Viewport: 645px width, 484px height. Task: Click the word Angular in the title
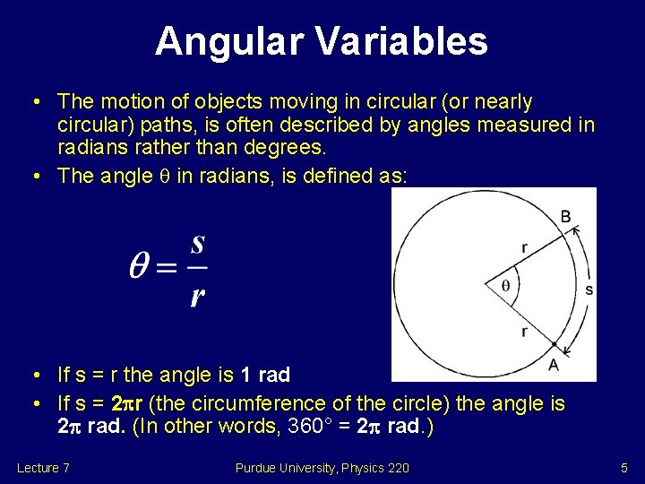click(x=229, y=42)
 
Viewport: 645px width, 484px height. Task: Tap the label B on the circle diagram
click(x=566, y=217)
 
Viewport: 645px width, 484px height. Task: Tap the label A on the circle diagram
click(x=554, y=364)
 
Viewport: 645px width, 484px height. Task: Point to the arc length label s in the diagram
click(x=589, y=290)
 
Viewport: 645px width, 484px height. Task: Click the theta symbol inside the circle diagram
click(x=505, y=285)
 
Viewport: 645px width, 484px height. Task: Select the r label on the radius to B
click(x=524, y=247)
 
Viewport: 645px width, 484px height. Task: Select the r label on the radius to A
click(x=524, y=332)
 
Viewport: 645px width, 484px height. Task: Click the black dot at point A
click(x=555, y=344)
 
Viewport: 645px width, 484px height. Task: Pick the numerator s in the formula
click(x=197, y=244)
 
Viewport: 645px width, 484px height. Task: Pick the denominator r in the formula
click(x=197, y=297)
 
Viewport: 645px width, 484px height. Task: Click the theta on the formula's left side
click(x=139, y=265)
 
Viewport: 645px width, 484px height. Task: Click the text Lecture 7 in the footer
click(x=43, y=468)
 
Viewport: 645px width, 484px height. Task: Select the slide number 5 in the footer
click(x=624, y=468)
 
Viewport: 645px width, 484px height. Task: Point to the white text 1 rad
click(x=265, y=375)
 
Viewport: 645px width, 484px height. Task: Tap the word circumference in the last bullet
click(x=259, y=403)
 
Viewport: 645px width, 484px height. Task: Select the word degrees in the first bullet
click(x=285, y=147)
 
